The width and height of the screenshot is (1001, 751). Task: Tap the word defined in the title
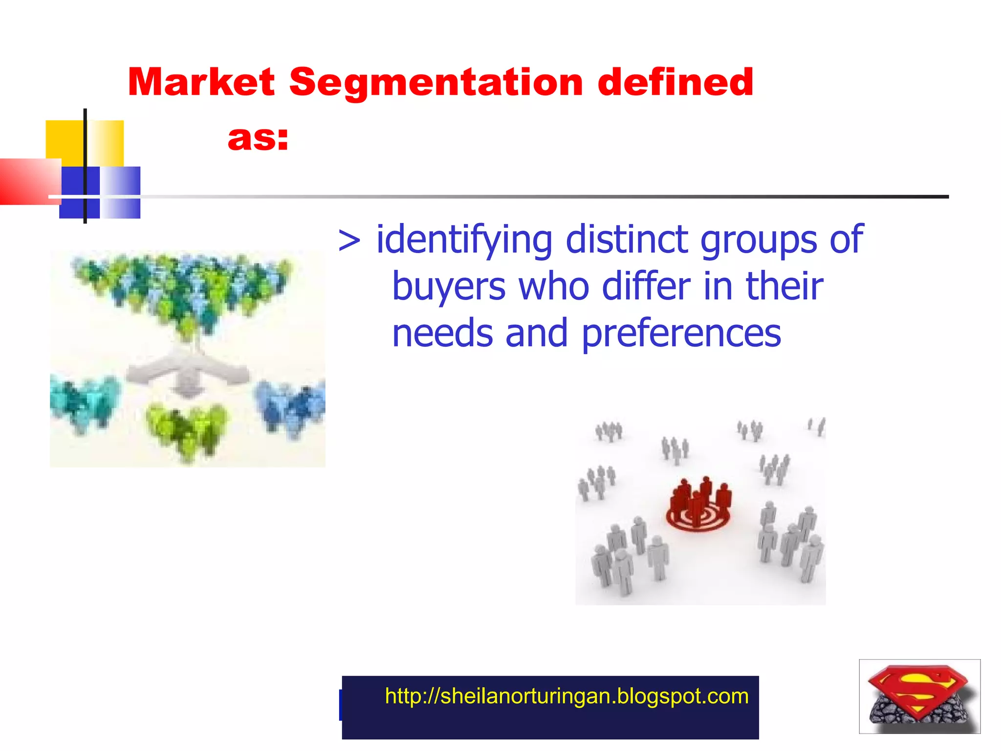675,82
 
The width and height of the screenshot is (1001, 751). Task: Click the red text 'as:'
258,138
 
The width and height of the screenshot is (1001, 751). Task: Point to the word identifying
464,240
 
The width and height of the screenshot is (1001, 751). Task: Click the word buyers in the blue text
449,287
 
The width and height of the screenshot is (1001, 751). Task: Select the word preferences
681,334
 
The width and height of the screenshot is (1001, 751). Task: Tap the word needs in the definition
442,334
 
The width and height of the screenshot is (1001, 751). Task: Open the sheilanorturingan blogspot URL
566,696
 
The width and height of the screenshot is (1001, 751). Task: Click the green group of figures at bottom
187,430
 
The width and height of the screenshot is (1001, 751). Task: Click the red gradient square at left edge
27,181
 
